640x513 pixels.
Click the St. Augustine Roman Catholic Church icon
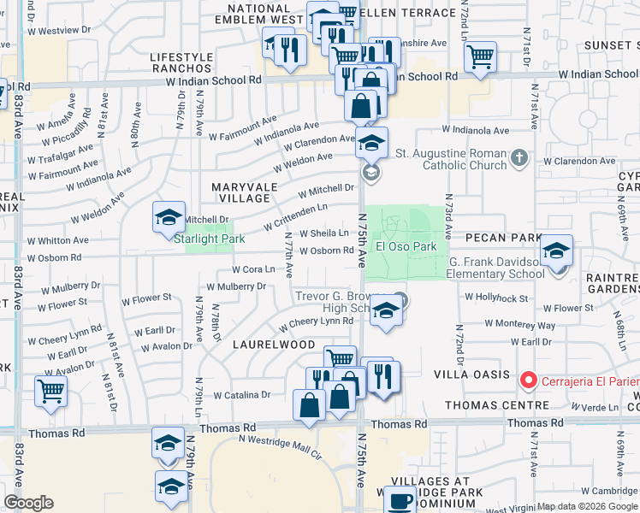pyautogui.click(x=519, y=157)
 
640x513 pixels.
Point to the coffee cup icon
pyautogui.click(x=400, y=500)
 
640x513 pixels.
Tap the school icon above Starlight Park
pyautogui.click(x=169, y=217)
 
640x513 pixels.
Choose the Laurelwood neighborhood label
pyautogui.click(x=274, y=344)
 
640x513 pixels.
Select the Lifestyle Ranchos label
pyautogui.click(x=181, y=62)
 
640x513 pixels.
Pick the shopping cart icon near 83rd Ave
pyautogui.click(x=50, y=392)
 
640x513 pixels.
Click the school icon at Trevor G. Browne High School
pyautogui.click(x=386, y=313)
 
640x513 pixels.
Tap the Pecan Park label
pyautogui.click(x=503, y=237)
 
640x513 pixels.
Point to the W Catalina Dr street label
pyautogui.click(x=242, y=395)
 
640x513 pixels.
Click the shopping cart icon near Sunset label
pyautogui.click(x=480, y=57)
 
